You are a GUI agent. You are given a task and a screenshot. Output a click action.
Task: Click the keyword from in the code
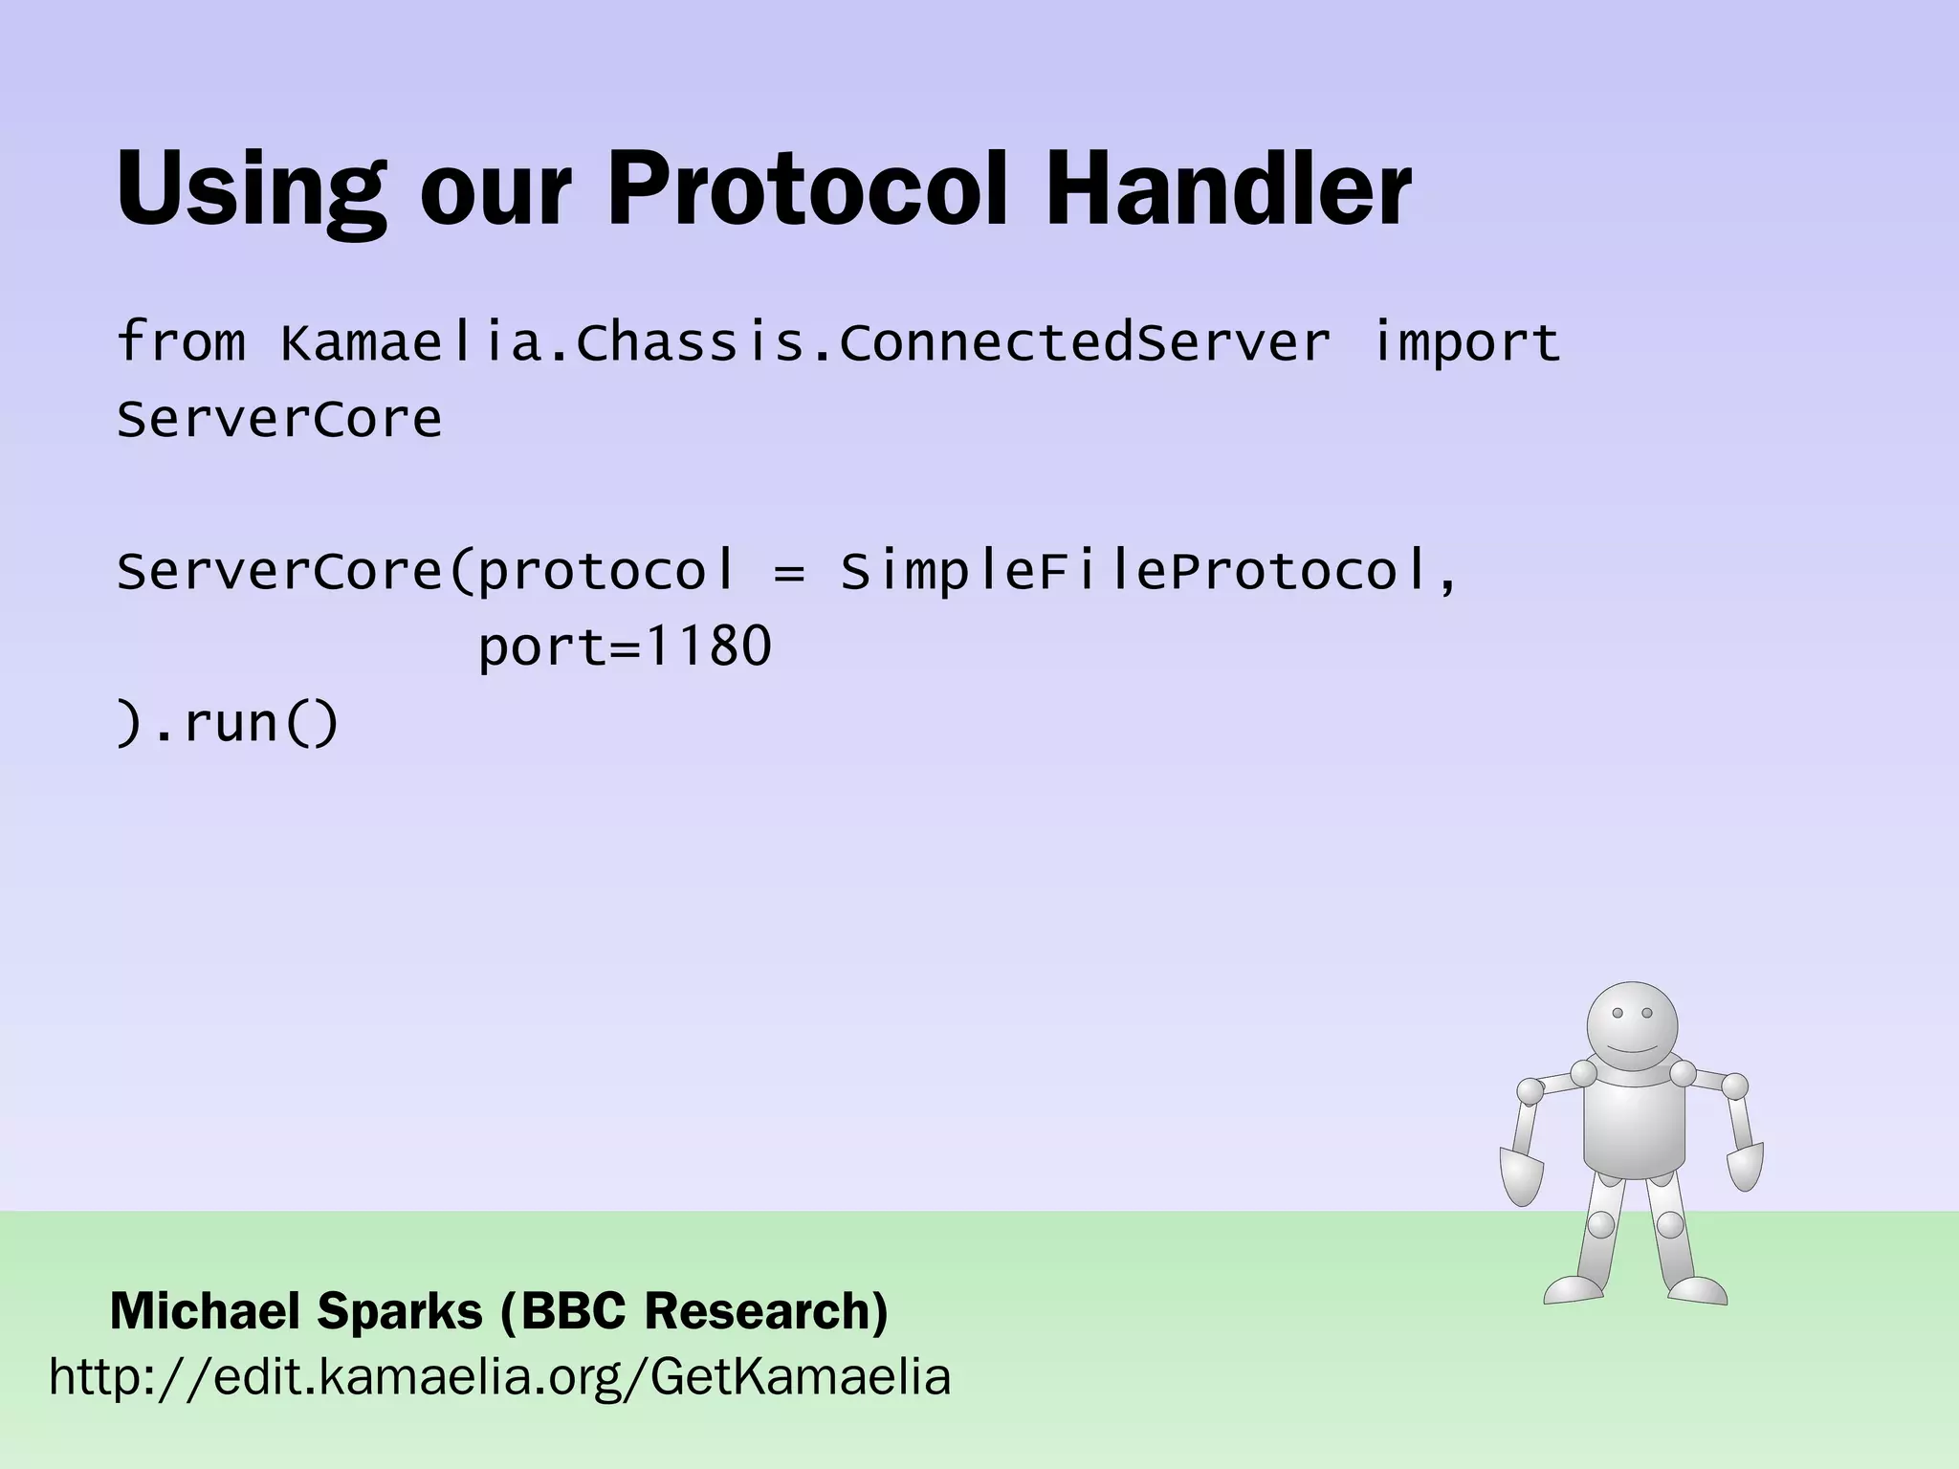(x=181, y=341)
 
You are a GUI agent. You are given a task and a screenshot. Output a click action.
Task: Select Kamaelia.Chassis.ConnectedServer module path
(x=804, y=342)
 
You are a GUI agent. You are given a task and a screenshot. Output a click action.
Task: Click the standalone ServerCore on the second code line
(x=279, y=419)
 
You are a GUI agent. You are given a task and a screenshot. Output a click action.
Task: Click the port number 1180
(x=707, y=647)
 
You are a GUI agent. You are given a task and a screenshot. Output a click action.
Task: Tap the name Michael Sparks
(x=297, y=1311)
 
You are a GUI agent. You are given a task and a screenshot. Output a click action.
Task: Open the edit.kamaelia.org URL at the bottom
(x=499, y=1378)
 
